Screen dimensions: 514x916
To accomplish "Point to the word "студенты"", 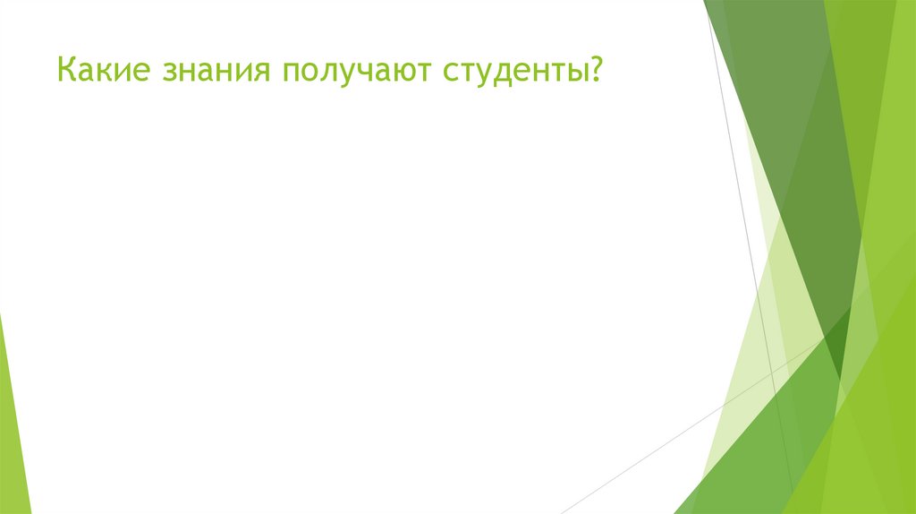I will pos(513,70).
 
